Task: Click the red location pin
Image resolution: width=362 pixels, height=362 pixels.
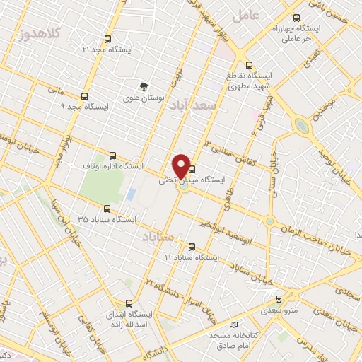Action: click(182, 165)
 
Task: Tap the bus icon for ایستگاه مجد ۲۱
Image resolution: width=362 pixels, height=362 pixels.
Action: click(107, 40)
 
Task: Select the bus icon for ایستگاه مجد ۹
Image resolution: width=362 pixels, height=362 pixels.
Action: click(85, 96)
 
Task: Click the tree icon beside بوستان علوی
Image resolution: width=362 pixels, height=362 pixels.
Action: click(145, 86)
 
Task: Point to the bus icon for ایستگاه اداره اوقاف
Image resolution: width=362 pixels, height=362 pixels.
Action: click(113, 156)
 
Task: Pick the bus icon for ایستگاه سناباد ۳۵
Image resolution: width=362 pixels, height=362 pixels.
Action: click(107, 209)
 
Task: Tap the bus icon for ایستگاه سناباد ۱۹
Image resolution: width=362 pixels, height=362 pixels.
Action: click(192, 247)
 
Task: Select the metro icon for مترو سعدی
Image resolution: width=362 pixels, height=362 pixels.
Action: click(279, 299)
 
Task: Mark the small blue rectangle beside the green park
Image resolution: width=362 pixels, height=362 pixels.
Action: click(131, 194)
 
